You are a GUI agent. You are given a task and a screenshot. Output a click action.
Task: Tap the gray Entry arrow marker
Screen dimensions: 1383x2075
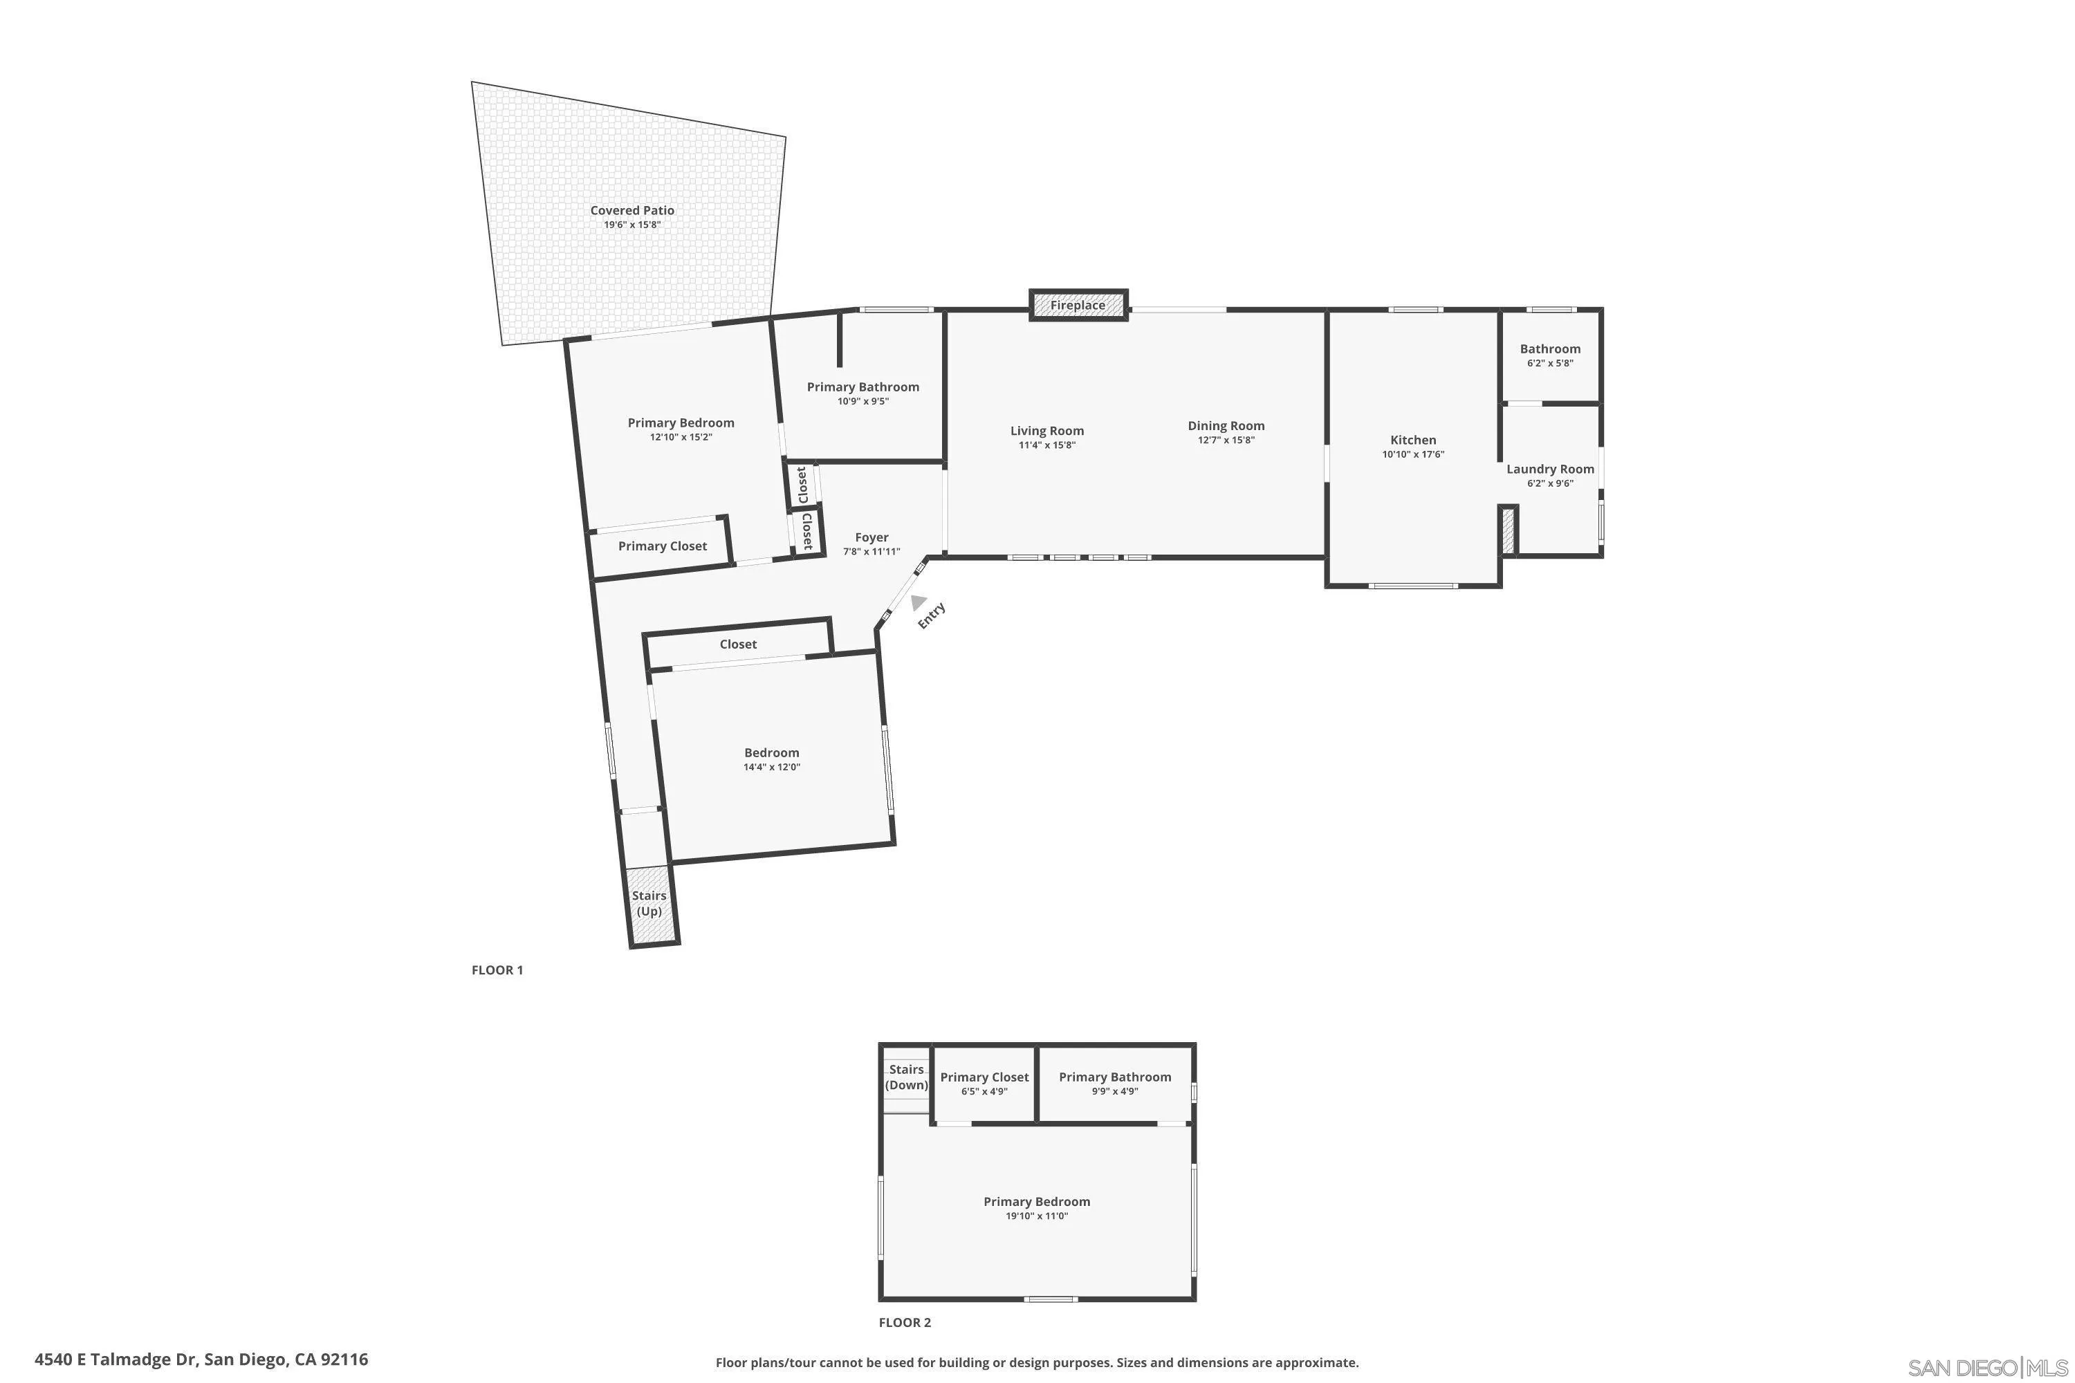[918, 602]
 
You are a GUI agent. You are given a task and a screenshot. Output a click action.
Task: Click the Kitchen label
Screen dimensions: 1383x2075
[1412, 440]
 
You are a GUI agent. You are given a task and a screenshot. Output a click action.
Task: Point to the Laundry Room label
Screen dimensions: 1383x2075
[1549, 470]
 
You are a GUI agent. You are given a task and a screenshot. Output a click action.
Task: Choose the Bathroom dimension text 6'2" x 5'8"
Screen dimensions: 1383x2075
[1549, 364]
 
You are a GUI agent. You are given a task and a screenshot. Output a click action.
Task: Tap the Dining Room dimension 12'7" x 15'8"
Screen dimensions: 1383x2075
[1226, 440]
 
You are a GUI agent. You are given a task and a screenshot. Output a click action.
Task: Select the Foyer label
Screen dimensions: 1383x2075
[871, 537]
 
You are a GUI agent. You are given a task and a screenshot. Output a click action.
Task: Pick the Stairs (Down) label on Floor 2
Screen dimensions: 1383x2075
[906, 1077]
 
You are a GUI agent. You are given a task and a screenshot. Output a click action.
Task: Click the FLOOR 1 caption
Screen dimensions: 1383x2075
[497, 970]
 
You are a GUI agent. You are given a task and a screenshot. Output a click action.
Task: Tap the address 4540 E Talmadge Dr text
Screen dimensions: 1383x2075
[201, 1359]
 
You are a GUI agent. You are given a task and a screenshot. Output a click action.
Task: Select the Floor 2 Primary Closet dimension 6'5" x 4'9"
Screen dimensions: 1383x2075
[984, 1091]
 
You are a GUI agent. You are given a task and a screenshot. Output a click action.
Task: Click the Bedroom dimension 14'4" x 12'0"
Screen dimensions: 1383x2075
[771, 768]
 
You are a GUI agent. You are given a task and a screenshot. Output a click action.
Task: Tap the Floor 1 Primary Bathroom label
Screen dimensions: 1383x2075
[862, 387]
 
